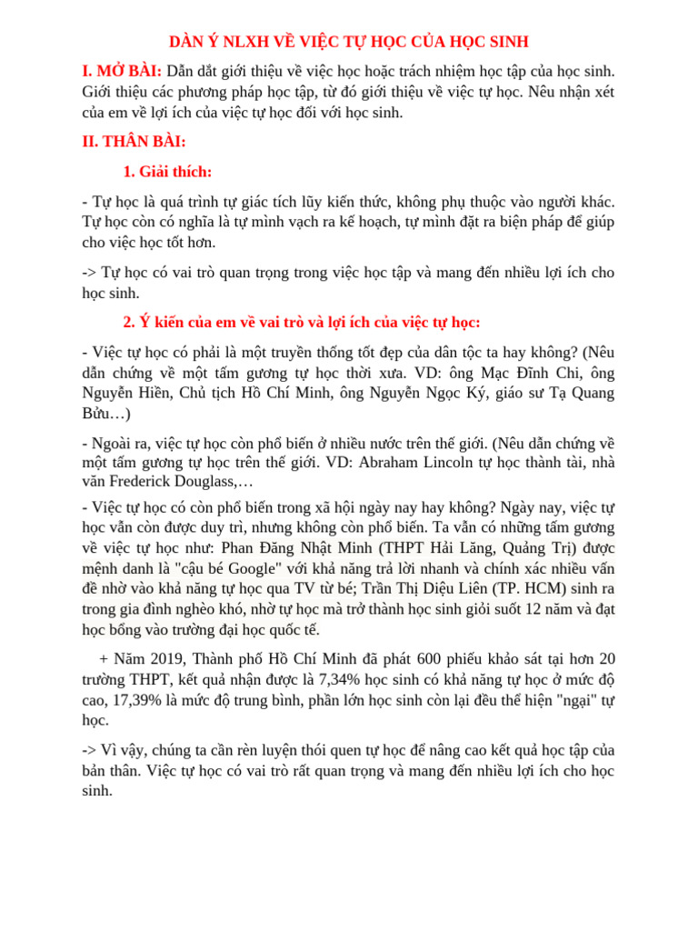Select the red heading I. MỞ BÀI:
click(x=122, y=71)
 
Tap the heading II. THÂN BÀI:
click(x=134, y=142)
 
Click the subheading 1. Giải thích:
click(x=167, y=172)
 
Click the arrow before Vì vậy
click(x=89, y=750)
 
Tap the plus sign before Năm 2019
click(x=104, y=658)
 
